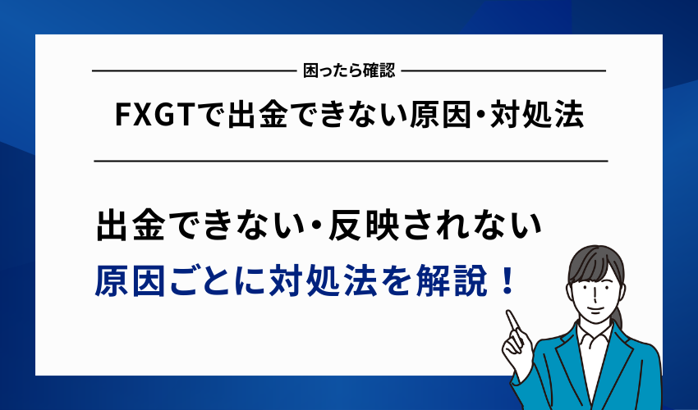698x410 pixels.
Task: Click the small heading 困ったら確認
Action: tap(348, 71)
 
